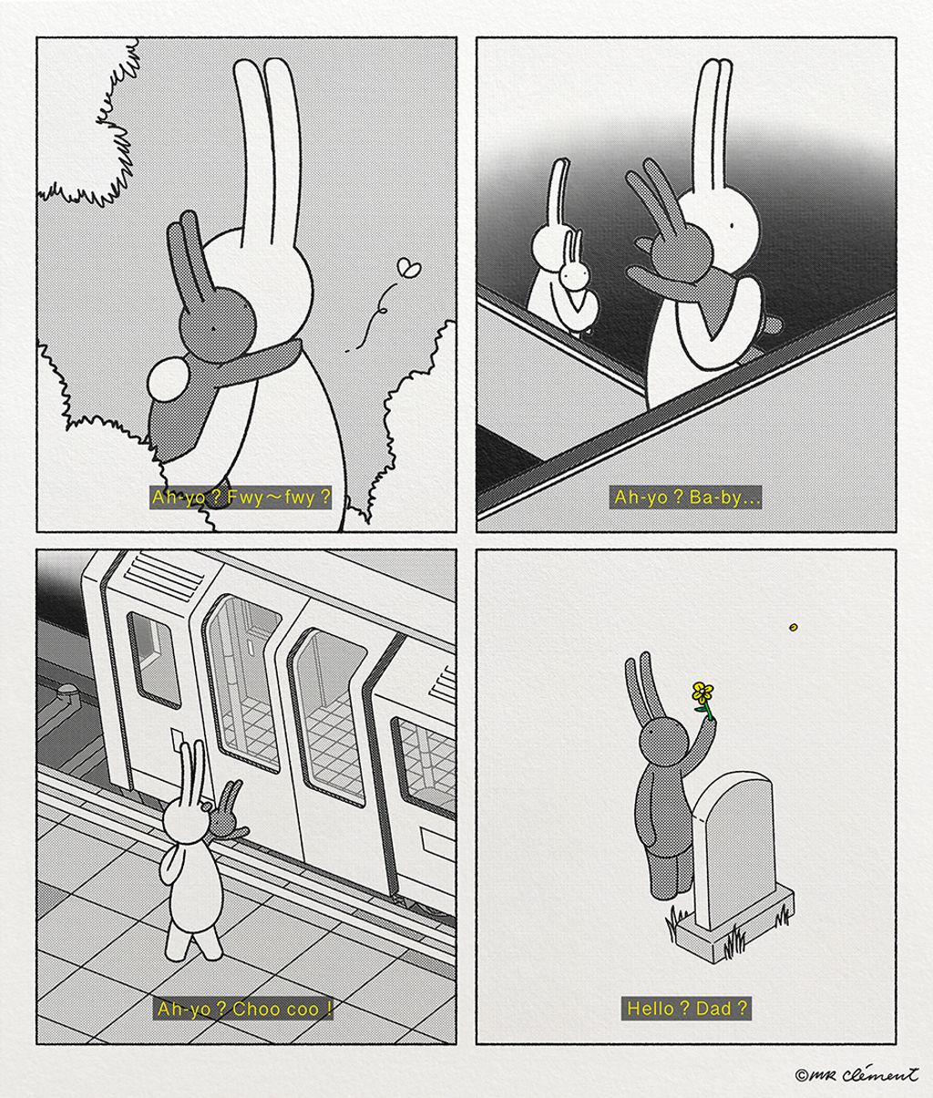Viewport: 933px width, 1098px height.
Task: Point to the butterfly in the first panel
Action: tap(411, 268)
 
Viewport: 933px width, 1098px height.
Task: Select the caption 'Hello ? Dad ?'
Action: tap(686, 1008)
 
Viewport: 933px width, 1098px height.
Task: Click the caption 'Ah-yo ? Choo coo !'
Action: tap(244, 1008)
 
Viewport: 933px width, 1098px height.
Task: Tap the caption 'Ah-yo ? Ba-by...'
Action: tap(685, 498)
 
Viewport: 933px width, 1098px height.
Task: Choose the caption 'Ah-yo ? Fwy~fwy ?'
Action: tap(241, 498)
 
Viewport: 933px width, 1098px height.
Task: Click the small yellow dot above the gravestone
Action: tap(794, 627)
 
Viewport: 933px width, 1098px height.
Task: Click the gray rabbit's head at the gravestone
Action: tap(660, 739)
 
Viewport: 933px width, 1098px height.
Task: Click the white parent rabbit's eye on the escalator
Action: tap(731, 225)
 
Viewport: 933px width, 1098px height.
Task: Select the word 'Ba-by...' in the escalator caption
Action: tap(725, 498)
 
